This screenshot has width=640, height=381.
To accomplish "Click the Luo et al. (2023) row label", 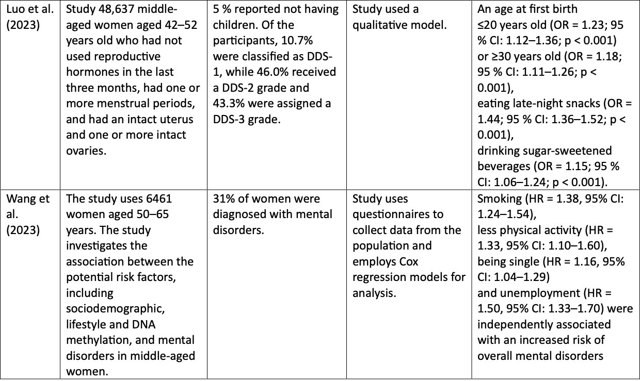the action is [30, 17].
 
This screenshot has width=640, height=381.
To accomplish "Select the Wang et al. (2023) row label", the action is [28, 214].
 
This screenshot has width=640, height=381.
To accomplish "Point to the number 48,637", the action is [116, 9].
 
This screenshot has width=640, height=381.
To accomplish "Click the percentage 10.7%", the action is [297, 41].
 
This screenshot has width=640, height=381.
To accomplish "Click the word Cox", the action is [407, 262].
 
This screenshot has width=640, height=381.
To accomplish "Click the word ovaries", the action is [86, 151].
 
